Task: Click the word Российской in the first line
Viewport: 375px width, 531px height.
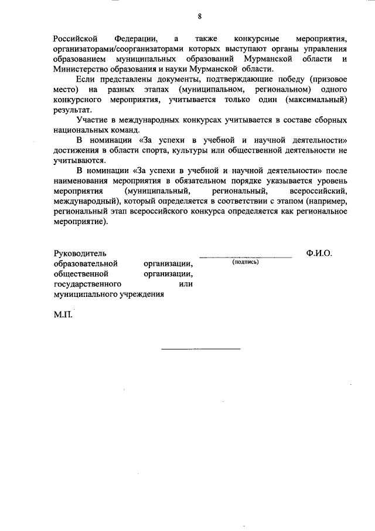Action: coord(74,38)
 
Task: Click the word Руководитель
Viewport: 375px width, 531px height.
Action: coord(80,254)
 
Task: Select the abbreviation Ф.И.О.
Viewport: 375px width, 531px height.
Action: coord(319,253)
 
